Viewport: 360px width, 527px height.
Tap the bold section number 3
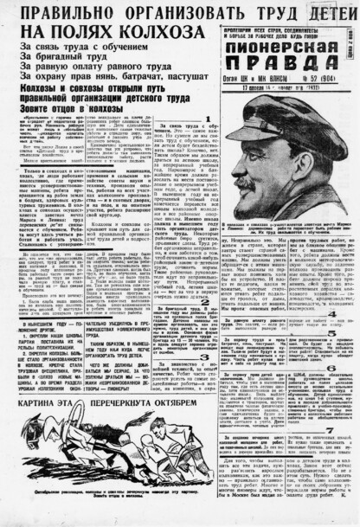coord(205,356)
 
